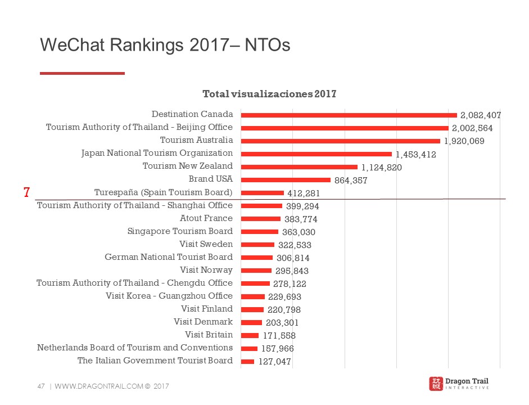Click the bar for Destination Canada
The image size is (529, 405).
point(349,115)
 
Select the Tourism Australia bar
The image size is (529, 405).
point(340,141)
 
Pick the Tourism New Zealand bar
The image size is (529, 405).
point(299,166)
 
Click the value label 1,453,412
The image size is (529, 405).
point(416,154)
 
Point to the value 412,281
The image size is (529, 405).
point(304,193)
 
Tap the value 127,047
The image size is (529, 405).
point(275,362)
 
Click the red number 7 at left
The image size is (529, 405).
point(26,192)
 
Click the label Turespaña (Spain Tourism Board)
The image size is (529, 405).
point(164,192)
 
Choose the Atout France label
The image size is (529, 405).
point(206,218)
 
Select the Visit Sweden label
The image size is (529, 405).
point(206,244)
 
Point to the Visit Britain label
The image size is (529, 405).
point(209,335)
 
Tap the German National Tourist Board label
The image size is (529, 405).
point(169,257)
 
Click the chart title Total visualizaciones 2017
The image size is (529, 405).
point(269,94)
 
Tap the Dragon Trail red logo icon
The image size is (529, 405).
point(436,384)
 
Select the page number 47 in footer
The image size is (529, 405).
point(40,386)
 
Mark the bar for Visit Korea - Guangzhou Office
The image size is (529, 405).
point(252,296)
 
